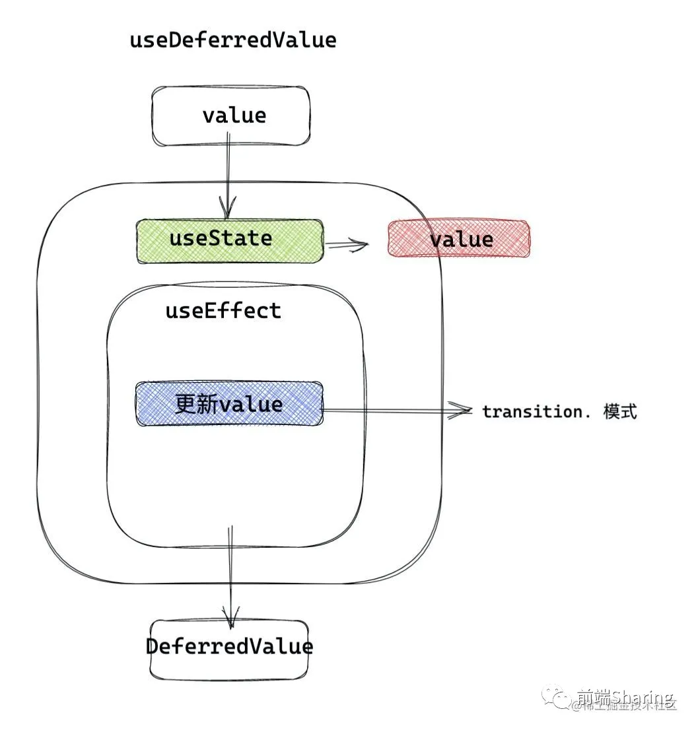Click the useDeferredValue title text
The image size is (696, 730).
pos(233,40)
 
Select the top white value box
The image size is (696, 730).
pos(231,116)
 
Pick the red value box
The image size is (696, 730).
pos(459,239)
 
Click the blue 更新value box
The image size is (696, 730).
pos(229,404)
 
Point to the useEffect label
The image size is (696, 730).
pos(223,311)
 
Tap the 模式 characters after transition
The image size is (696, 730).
pos(620,411)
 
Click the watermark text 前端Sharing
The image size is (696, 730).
pos(623,697)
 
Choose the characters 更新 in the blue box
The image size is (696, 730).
pos(196,404)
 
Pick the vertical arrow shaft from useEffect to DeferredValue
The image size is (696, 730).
pos(230,568)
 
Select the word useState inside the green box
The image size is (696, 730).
pos(221,238)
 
